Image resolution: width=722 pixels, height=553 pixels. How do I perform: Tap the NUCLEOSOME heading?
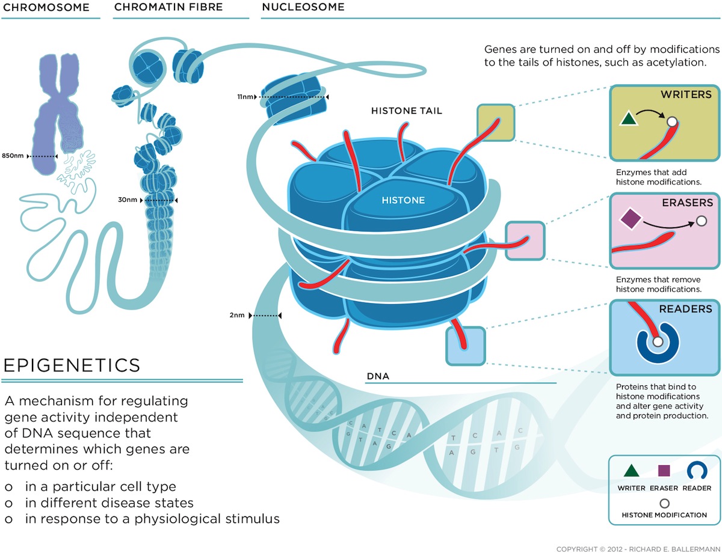(x=303, y=7)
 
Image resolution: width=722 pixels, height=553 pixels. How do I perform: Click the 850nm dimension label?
(x=13, y=156)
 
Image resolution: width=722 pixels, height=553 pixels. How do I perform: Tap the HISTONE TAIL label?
(x=406, y=111)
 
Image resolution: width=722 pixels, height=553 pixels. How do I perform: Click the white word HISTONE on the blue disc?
(x=403, y=200)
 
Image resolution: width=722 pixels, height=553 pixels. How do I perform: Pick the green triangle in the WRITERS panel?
(x=628, y=118)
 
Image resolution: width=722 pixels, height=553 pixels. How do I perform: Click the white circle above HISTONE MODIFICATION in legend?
(x=664, y=503)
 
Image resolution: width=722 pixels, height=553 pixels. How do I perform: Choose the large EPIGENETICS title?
(x=72, y=365)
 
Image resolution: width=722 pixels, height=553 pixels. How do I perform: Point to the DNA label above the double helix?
(x=378, y=376)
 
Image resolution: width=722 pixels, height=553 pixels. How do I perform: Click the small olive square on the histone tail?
(x=496, y=123)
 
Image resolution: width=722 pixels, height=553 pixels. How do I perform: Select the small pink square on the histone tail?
(x=525, y=240)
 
